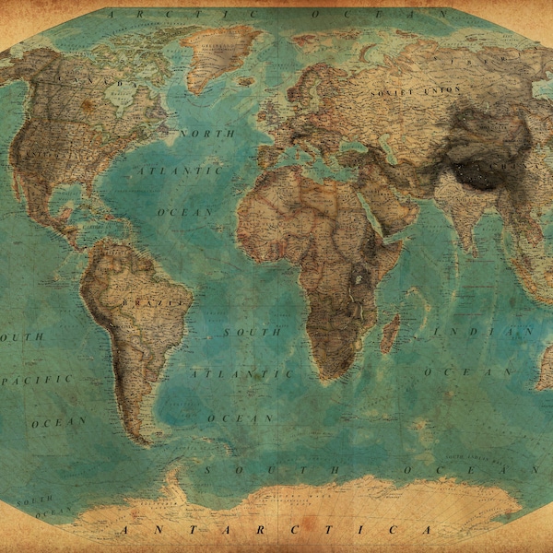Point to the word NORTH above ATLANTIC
(206, 134)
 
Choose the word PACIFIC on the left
(37, 379)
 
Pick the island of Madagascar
(391, 332)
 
